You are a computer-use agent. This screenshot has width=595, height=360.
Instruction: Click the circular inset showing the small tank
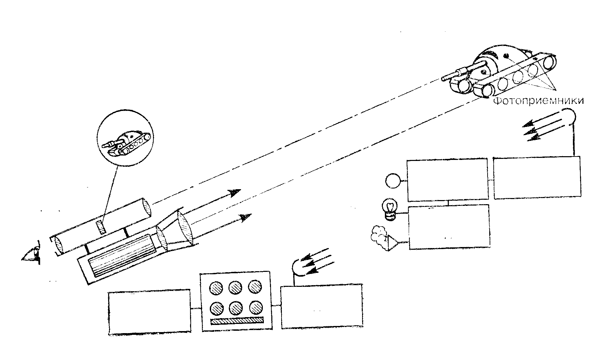pos(125,139)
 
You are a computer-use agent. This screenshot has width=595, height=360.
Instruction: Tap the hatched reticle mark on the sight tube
pos(101,227)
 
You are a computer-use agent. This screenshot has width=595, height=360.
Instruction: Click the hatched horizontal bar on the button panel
pos(237,321)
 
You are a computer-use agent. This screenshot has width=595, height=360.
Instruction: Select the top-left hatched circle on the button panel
pos(217,288)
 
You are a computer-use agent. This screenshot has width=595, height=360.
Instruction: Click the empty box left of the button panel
pos(149,312)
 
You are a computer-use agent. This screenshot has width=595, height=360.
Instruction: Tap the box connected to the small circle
pos(447,179)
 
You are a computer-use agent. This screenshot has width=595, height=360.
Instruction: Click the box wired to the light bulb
pos(449,227)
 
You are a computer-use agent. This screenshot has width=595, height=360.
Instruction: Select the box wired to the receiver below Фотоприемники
pos(537,177)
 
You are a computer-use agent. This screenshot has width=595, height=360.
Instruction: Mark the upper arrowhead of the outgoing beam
pos(235,193)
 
